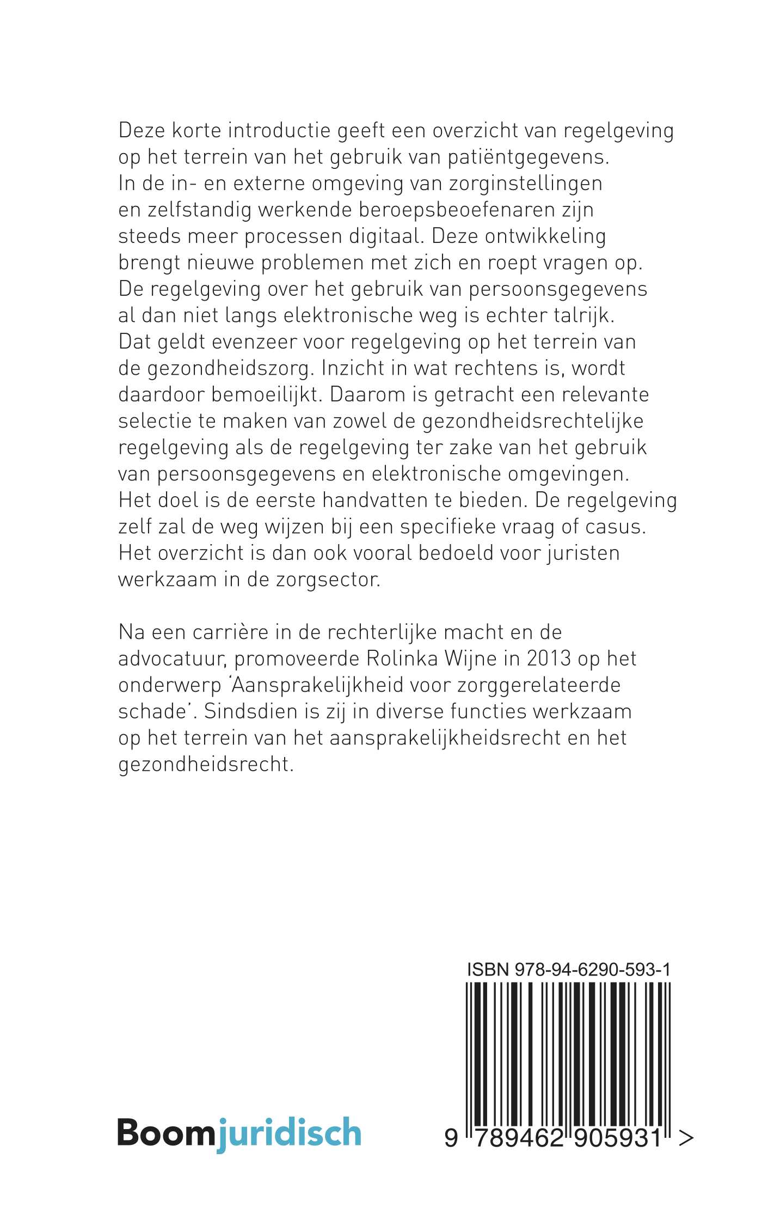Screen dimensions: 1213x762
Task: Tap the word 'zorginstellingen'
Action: tap(525, 184)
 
